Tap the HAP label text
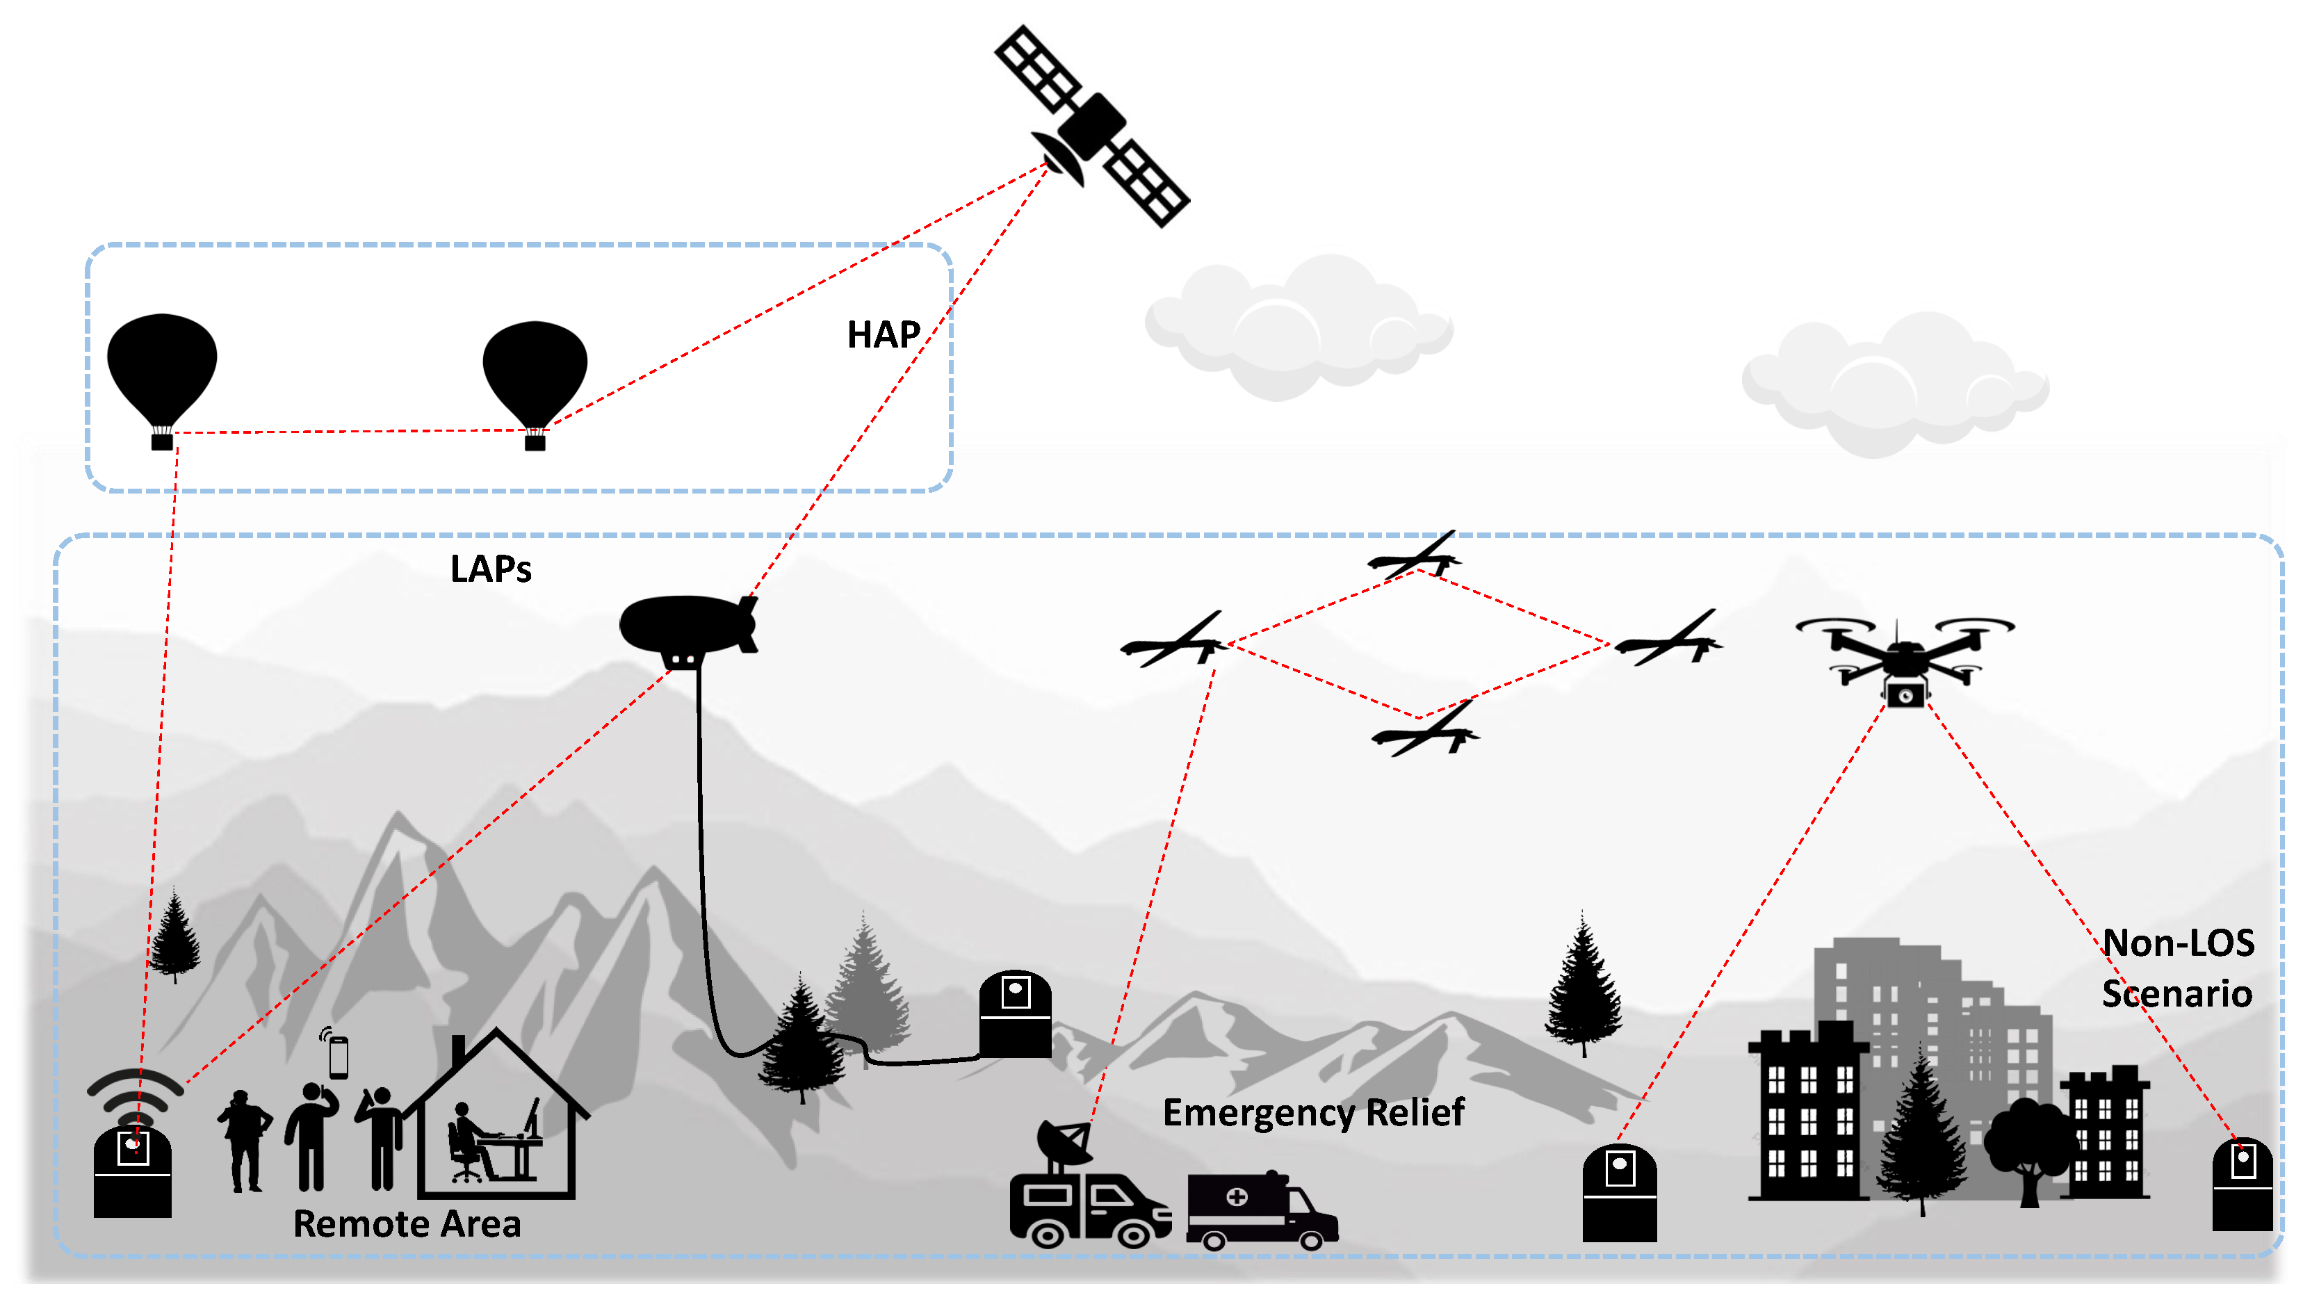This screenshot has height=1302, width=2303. coord(884,335)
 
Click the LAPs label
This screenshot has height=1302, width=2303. coord(490,569)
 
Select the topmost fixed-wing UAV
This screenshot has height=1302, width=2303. coord(1415,558)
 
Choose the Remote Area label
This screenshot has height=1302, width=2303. coord(407,1224)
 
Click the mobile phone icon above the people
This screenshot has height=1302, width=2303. coord(338,1057)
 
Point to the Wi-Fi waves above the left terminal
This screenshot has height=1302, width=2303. coord(135,1091)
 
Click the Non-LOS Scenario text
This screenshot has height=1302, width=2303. coord(2177,968)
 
